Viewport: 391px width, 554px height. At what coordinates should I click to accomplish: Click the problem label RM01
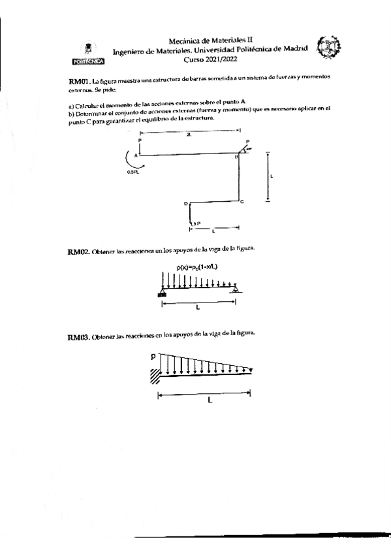click(x=79, y=80)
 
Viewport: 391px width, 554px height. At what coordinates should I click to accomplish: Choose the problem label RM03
click(x=79, y=337)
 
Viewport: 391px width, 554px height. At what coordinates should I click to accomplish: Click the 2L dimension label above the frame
click(x=189, y=135)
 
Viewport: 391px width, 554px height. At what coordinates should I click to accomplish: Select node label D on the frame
click(x=185, y=203)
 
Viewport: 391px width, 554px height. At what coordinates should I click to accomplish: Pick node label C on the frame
click(x=242, y=202)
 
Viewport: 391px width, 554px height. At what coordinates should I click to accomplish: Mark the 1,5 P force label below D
click(x=195, y=223)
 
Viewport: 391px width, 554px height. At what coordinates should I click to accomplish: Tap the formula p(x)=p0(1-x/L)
click(x=197, y=267)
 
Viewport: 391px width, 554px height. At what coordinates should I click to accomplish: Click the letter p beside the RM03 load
click(x=152, y=357)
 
